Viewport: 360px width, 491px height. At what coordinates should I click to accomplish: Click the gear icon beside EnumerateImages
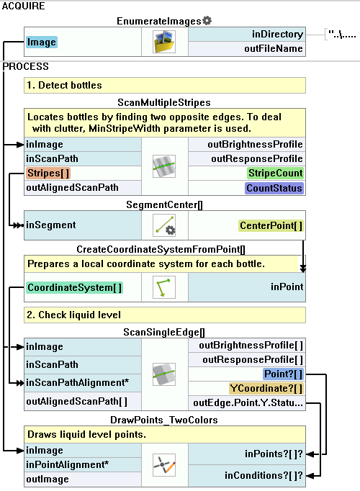pyautogui.click(x=207, y=21)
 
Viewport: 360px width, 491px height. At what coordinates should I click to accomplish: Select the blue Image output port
pyautogui.click(x=42, y=42)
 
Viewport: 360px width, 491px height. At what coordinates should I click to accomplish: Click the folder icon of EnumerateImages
pyautogui.click(x=164, y=42)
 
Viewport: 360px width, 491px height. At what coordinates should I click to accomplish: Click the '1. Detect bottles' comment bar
pyautogui.click(x=165, y=85)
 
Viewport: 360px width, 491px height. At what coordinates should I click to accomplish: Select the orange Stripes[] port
pyautogui.click(x=48, y=174)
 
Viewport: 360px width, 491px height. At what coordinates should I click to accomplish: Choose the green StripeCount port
pyautogui.click(x=276, y=174)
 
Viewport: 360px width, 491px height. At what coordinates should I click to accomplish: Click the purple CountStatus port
pyautogui.click(x=274, y=188)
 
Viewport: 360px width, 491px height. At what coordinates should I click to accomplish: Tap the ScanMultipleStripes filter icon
pyautogui.click(x=164, y=166)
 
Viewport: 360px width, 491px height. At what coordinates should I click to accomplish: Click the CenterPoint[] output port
pyautogui.click(x=271, y=225)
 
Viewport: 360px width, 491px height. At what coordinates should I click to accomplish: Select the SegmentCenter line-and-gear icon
pyautogui.click(x=164, y=225)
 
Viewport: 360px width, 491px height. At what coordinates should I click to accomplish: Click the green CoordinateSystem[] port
pyautogui.click(x=74, y=287)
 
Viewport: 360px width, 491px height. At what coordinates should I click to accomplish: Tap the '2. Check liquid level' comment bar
pyautogui.click(x=165, y=315)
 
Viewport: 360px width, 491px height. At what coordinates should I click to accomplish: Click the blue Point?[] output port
pyautogui.click(x=283, y=374)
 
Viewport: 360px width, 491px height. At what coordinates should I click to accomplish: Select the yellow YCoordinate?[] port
pyautogui.click(x=266, y=388)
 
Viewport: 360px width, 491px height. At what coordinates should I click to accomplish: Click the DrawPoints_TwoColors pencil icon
pyautogui.click(x=164, y=465)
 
